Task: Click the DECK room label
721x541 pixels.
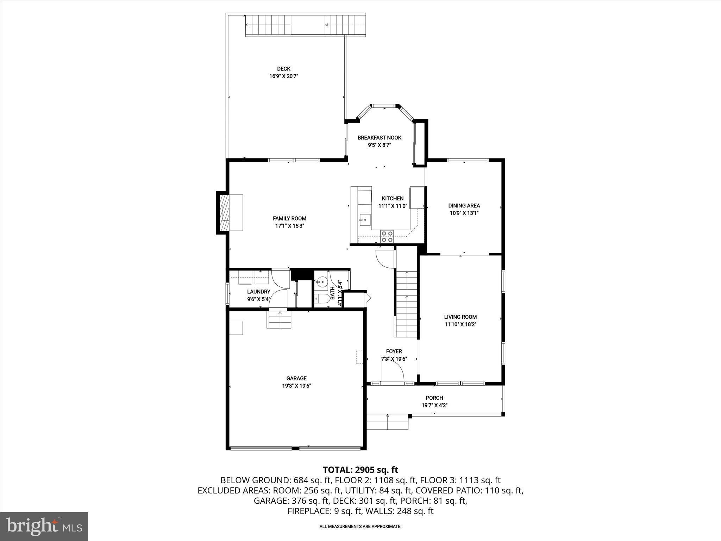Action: click(283, 69)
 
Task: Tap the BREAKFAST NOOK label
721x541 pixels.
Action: click(379, 138)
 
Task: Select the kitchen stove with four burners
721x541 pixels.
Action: click(387, 236)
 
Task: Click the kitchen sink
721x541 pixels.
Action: click(365, 220)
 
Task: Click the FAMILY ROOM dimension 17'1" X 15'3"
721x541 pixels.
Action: click(289, 226)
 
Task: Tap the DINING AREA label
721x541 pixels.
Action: click(464, 206)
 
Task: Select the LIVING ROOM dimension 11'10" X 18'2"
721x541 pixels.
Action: click(460, 324)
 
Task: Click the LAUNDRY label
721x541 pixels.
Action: click(258, 292)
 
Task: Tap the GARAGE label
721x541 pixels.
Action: click(296, 378)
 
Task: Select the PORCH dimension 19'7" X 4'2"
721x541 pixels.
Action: click(434, 405)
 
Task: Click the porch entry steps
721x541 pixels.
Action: click(387, 422)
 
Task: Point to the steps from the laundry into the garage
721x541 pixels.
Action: click(280, 319)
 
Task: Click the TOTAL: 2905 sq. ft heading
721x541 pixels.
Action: click(360, 470)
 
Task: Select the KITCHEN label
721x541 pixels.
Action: click(393, 199)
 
